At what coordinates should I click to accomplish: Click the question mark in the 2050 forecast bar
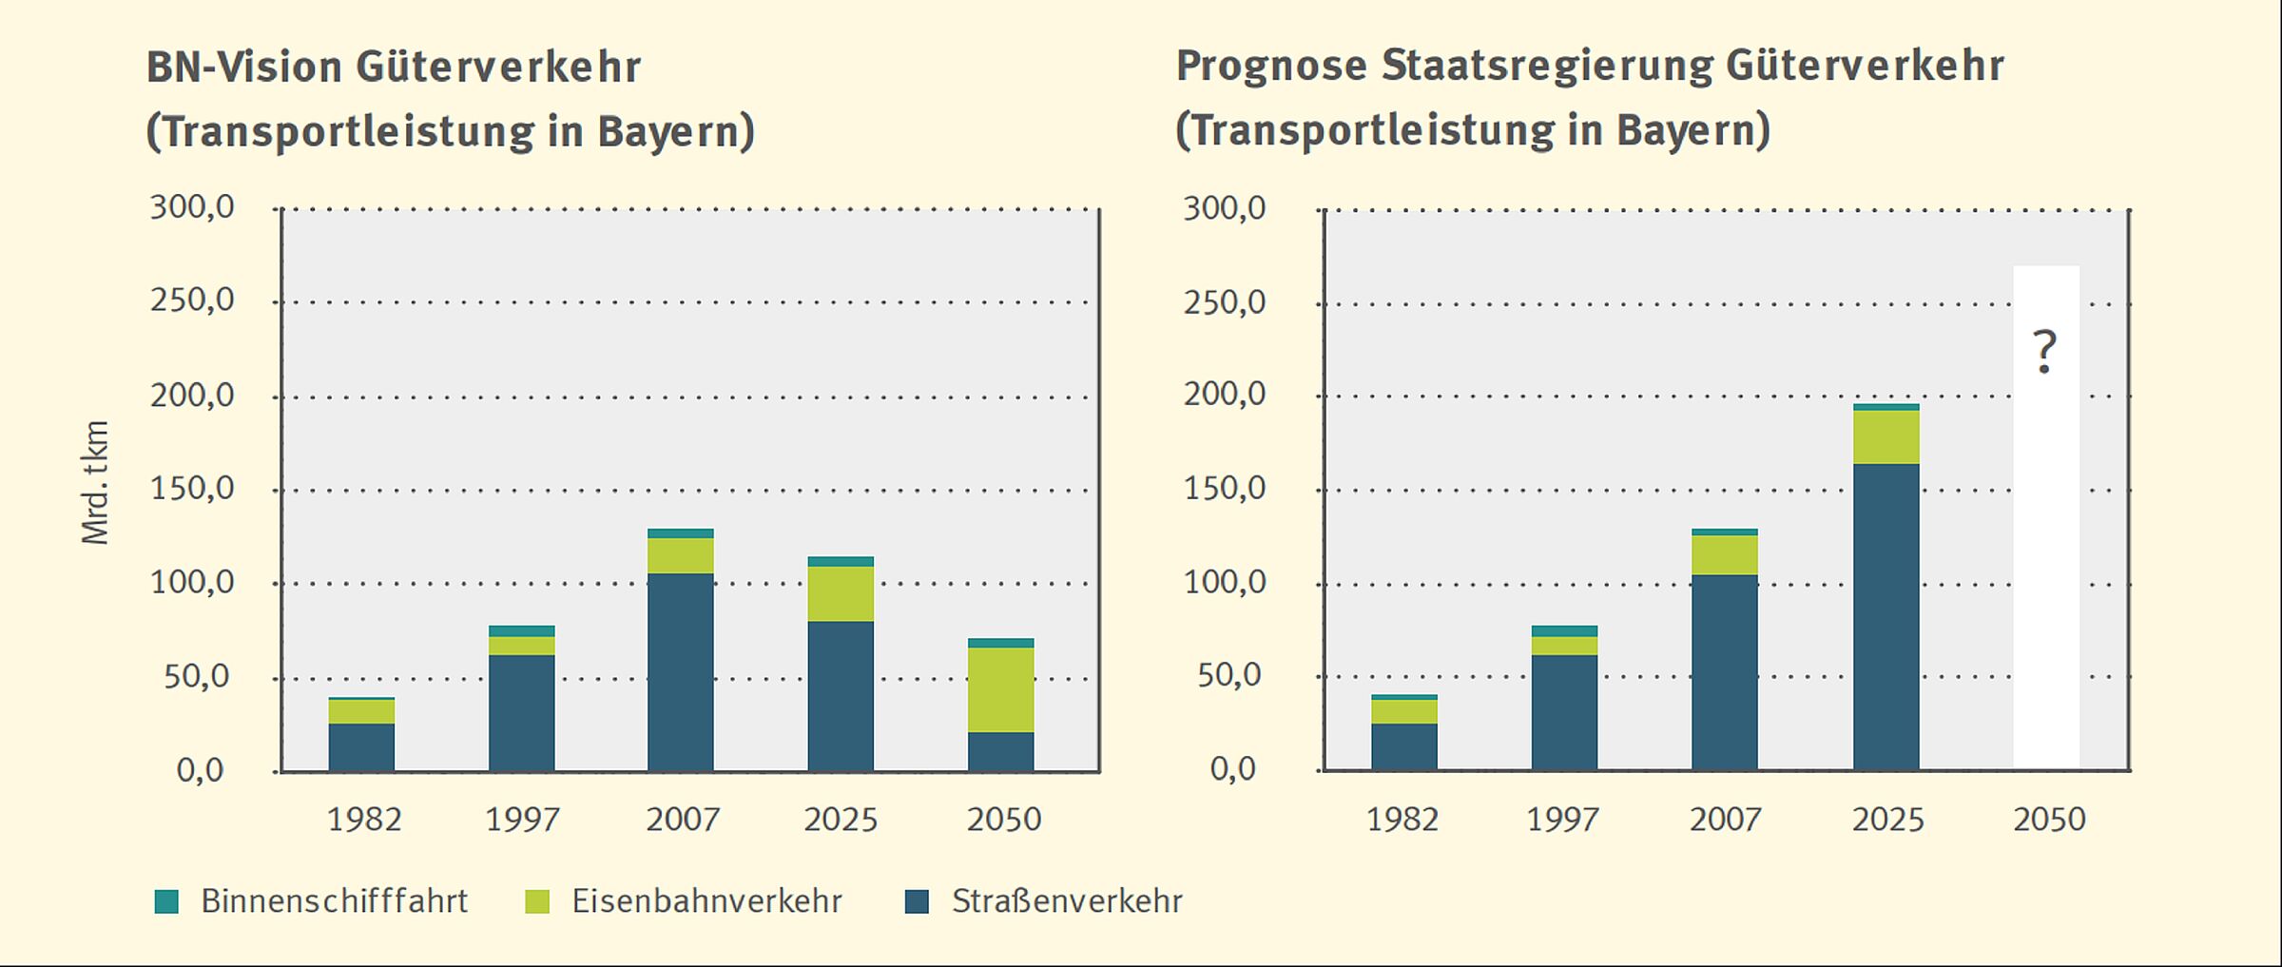(x=2044, y=352)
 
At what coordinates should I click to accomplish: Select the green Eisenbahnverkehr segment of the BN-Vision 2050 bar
(x=1000, y=689)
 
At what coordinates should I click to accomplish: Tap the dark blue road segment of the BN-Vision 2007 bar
(x=681, y=671)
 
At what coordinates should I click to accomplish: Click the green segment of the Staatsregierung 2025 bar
(x=1886, y=437)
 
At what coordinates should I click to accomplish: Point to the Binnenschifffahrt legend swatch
(x=166, y=901)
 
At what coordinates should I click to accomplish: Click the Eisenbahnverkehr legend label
(x=706, y=901)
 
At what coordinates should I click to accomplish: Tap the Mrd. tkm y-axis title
(x=96, y=483)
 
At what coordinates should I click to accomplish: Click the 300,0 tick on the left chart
(x=192, y=207)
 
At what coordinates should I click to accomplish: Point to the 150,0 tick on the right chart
(x=1225, y=489)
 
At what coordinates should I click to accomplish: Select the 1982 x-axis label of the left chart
(x=364, y=820)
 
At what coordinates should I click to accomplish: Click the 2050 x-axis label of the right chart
(x=2049, y=820)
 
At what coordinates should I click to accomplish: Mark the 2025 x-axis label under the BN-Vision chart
(x=841, y=820)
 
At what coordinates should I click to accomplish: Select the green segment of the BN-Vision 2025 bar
(x=841, y=593)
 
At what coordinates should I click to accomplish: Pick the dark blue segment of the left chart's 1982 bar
(x=361, y=747)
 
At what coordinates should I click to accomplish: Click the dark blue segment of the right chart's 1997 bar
(x=1564, y=712)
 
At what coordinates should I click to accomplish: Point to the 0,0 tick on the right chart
(x=1232, y=769)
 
